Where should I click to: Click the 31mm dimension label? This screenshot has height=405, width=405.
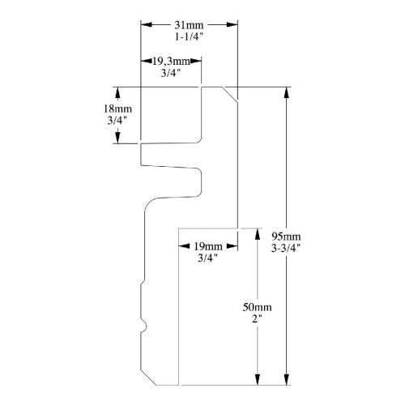pos(189,25)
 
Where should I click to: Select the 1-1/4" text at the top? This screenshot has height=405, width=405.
pos(189,36)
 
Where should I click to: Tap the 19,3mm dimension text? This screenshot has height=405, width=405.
pos(171,62)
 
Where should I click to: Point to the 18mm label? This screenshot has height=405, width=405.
pos(117,109)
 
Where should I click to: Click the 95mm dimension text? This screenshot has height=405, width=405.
pos(286,237)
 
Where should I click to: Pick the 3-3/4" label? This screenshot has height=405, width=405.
pos(286,248)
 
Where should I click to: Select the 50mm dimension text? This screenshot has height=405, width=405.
pos(257,307)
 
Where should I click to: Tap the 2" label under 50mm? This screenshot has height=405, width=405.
pos(257,319)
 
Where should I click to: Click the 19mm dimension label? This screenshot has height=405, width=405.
pos(208,246)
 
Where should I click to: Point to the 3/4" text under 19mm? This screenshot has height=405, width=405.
pos(208,258)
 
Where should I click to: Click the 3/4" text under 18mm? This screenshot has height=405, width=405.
pos(117,121)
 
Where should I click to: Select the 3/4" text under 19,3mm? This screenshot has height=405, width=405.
pos(171,73)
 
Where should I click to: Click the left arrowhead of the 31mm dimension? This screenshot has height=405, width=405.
pos(146,25)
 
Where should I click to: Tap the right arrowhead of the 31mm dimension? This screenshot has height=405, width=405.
pos(232,25)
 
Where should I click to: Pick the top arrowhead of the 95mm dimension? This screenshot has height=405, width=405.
pos(287,92)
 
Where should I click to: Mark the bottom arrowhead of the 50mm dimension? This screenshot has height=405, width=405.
pos(258,379)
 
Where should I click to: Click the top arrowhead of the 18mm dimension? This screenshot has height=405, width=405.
pos(117,92)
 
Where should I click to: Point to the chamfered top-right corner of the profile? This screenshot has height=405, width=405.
pos(229,95)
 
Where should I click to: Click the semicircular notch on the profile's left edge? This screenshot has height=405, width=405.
pos(143,326)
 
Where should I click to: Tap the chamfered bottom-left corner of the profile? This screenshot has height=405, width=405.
pos(148,377)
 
